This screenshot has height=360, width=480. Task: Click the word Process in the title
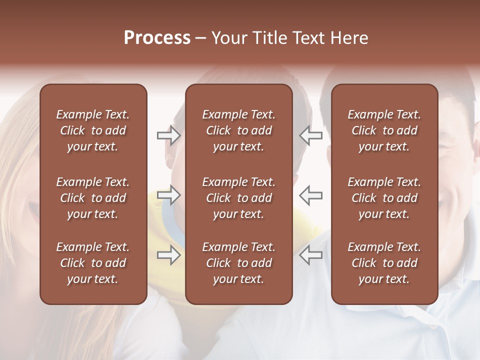[157, 38]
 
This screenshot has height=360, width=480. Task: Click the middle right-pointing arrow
[168, 195]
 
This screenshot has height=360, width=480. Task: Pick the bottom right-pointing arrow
[168, 255]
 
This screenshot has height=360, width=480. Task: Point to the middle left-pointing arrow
[311, 195]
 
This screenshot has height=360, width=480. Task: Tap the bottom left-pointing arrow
[311, 255]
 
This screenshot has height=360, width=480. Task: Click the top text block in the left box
[93, 130]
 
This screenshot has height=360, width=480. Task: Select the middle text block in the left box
[93, 198]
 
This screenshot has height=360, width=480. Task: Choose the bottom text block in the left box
[93, 263]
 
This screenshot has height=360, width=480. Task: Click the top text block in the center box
[239, 130]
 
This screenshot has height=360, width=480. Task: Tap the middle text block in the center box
[239, 198]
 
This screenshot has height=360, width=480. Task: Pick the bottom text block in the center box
[239, 263]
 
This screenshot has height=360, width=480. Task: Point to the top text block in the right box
[384, 130]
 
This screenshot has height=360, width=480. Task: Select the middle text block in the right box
[384, 198]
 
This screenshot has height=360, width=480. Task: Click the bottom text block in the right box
[384, 263]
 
